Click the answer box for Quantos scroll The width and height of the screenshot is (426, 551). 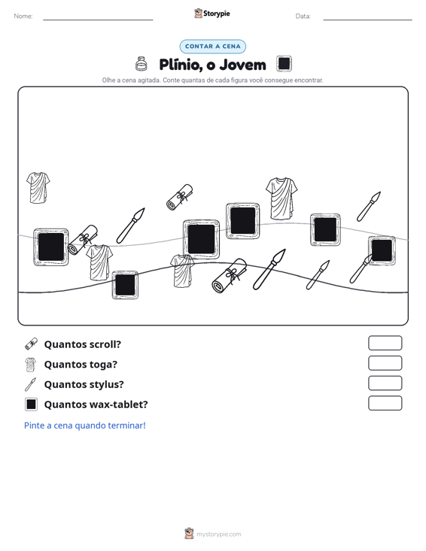click(x=385, y=343)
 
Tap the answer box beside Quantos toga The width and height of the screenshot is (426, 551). click(x=385, y=363)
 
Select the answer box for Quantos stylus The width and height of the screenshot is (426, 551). click(x=385, y=383)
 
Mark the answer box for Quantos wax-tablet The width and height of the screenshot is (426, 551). click(x=385, y=403)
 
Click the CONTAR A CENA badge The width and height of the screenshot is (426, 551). click(x=213, y=47)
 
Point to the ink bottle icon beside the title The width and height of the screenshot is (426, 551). click(x=141, y=64)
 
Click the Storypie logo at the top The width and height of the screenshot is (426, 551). click(x=212, y=14)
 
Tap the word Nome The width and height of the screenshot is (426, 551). click(x=23, y=17)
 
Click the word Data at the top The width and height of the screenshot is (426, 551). click(x=303, y=17)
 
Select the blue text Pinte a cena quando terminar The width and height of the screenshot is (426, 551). click(x=85, y=425)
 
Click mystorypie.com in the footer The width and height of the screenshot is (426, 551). click(x=218, y=534)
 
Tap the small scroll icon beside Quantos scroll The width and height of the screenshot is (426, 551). click(x=31, y=344)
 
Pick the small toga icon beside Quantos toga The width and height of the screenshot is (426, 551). click(x=31, y=365)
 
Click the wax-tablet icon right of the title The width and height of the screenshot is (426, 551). click(x=284, y=64)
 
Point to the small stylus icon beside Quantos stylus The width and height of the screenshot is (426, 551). click(x=31, y=384)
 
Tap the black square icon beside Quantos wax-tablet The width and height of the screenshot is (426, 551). click(x=31, y=404)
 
